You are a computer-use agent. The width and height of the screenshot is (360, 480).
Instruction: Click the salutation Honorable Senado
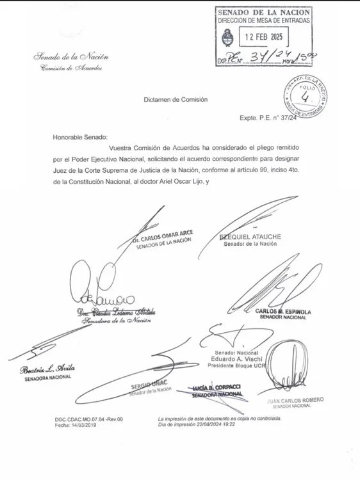(81, 136)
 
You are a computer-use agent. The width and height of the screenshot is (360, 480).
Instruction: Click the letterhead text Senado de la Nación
(72, 58)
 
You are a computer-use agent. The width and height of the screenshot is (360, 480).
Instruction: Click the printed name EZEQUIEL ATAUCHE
(250, 237)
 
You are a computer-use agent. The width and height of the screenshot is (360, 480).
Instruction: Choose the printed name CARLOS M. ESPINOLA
(282, 312)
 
